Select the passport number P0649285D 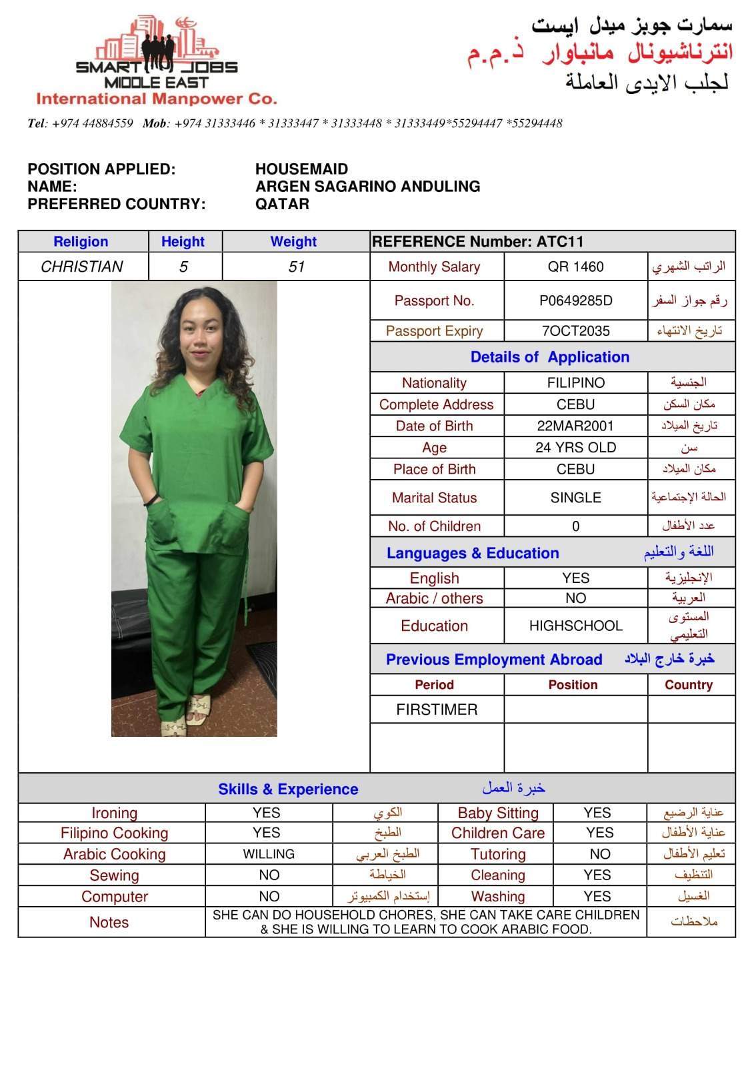coord(575,300)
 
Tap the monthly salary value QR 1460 coord(575,266)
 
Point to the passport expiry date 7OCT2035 coord(575,331)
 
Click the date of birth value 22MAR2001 coord(575,426)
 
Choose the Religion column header coord(81,242)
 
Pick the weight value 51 coord(296,266)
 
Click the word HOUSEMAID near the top coord(301,169)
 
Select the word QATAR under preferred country coord(282,204)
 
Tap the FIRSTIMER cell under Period coord(437,710)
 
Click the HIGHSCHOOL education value coord(575,626)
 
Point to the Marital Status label coord(434,498)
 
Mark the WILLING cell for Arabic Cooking coord(269,854)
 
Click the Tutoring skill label coord(497,854)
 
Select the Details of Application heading coord(549,357)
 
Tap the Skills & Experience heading coord(288,790)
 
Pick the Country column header coord(689,685)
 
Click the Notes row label coord(109,922)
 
